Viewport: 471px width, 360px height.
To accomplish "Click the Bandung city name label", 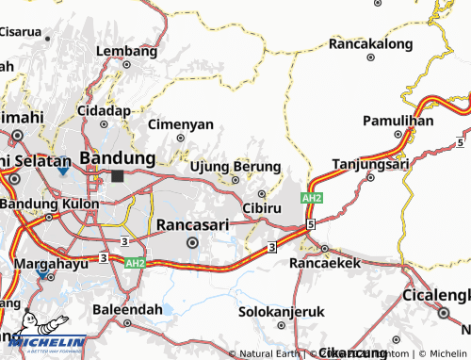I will tap(118, 156).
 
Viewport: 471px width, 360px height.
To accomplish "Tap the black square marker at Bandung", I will tap(117, 175).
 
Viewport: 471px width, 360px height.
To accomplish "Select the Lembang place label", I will tap(125, 50).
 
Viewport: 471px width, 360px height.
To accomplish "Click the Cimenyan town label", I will tap(181, 123).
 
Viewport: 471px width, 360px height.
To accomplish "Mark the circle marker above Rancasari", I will tap(193, 242).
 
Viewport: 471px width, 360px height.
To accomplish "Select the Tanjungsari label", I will tap(367, 161).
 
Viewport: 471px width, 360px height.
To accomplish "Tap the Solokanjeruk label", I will tap(280, 310).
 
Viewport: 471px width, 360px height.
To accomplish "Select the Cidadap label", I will tap(104, 110).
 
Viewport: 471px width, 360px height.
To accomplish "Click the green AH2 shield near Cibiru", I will tap(313, 199).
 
